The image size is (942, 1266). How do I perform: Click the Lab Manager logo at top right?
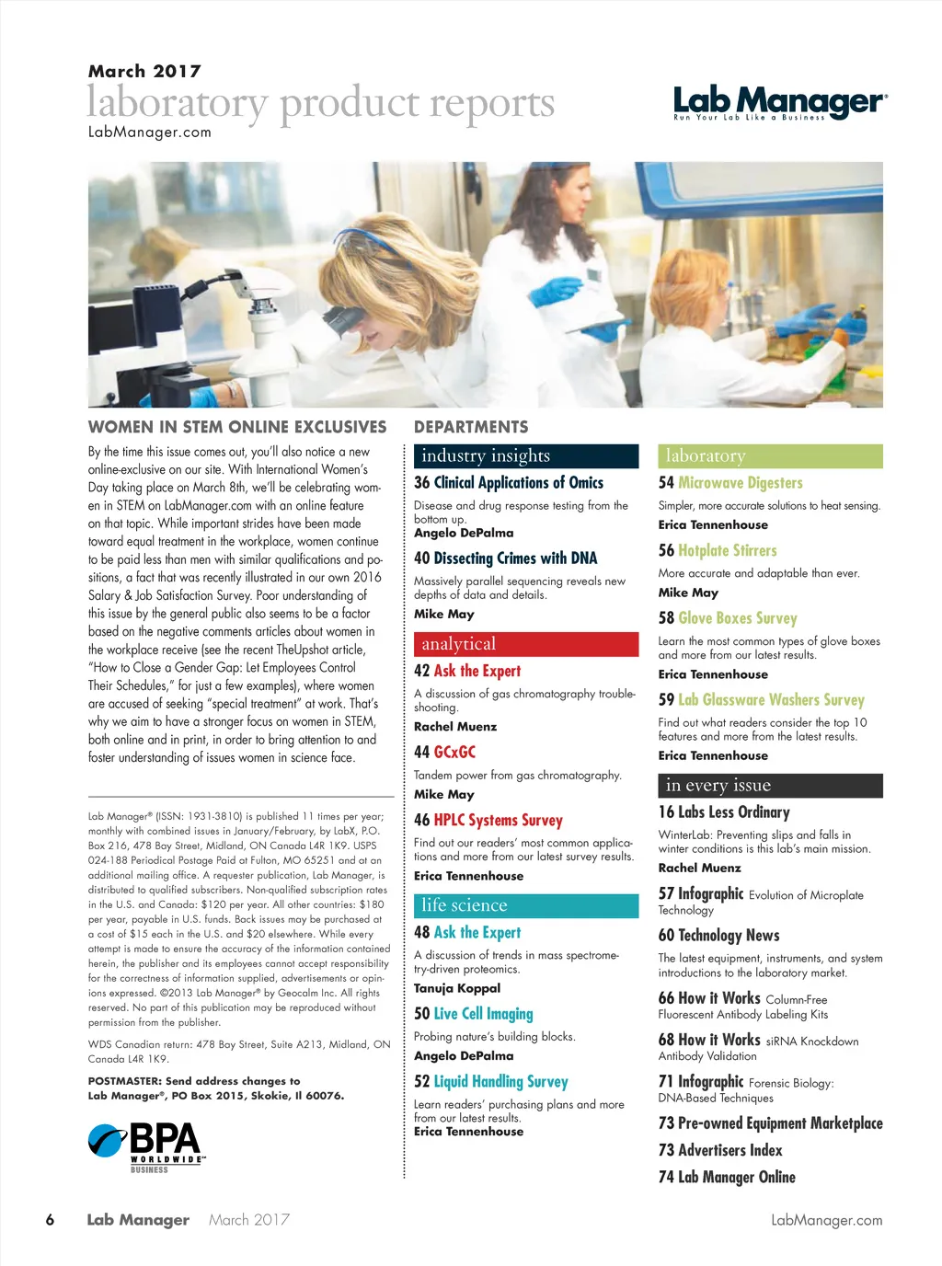click(x=780, y=102)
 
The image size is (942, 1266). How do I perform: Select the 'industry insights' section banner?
click(x=525, y=455)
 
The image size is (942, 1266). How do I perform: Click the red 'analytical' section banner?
click(x=525, y=644)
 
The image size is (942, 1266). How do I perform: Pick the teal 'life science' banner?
click(x=525, y=905)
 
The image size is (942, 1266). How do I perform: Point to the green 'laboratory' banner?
click(x=770, y=455)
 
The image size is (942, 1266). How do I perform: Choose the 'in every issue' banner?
click(x=770, y=785)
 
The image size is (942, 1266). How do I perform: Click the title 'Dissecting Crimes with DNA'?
click(x=515, y=558)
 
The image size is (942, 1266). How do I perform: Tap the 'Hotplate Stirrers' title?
click(x=727, y=551)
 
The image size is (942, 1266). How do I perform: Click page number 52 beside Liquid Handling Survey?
click(x=421, y=1082)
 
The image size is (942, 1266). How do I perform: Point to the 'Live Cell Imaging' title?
click(x=483, y=1014)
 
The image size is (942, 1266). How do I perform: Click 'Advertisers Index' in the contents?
click(x=729, y=1150)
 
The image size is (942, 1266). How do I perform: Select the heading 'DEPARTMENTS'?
click(x=471, y=427)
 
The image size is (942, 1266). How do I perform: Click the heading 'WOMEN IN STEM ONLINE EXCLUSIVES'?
click(x=237, y=427)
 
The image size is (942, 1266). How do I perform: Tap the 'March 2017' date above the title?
click(x=144, y=71)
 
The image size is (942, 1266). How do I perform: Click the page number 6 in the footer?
click(x=50, y=1220)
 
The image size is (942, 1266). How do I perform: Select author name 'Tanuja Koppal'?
click(x=457, y=988)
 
